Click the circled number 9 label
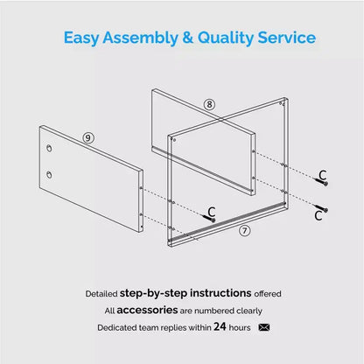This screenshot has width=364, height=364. pyautogui.click(x=88, y=137)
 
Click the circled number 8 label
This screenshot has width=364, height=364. pyautogui.click(x=209, y=104)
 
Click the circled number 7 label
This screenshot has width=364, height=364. pyautogui.click(x=245, y=231)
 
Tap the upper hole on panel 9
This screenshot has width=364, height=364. pyautogui.click(x=49, y=148)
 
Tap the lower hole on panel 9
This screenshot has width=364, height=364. pyautogui.click(x=49, y=174)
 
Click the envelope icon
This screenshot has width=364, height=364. pyautogui.click(x=264, y=327)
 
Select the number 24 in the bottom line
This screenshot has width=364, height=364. pyautogui.click(x=220, y=326)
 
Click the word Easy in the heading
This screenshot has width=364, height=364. pyautogui.click(x=81, y=38)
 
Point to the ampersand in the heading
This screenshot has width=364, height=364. pyautogui.click(x=187, y=38)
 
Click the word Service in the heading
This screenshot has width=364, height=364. pyautogui.click(x=287, y=38)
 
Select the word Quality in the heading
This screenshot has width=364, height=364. pyautogui.click(x=226, y=38)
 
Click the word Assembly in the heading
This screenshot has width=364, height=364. pyautogui.click(x=140, y=38)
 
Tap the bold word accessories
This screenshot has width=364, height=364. pyautogui.click(x=147, y=310)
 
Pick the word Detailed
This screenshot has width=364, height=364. pyautogui.click(x=101, y=294)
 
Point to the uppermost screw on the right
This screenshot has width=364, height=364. pyautogui.click(x=322, y=182)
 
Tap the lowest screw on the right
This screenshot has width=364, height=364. pyautogui.click(x=321, y=208)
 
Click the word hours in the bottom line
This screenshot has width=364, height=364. pyautogui.click(x=240, y=327)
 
